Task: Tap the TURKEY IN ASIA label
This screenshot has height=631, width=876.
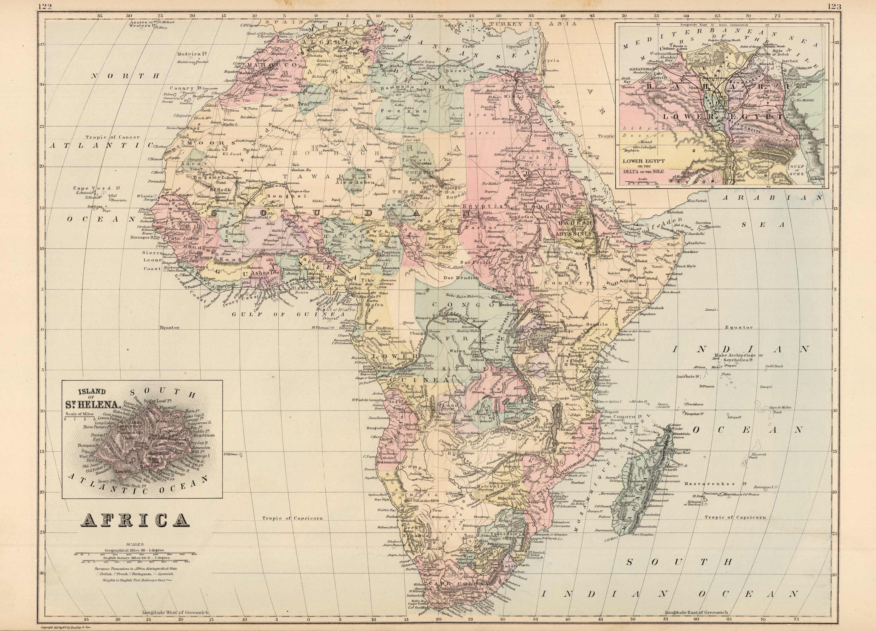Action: coord(533,24)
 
